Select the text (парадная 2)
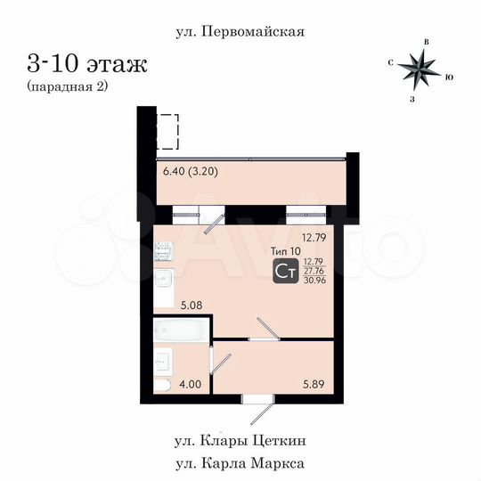68,86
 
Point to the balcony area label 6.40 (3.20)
192,171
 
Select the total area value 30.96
314,281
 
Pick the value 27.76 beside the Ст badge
314,271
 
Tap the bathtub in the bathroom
181,330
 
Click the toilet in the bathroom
162,385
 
